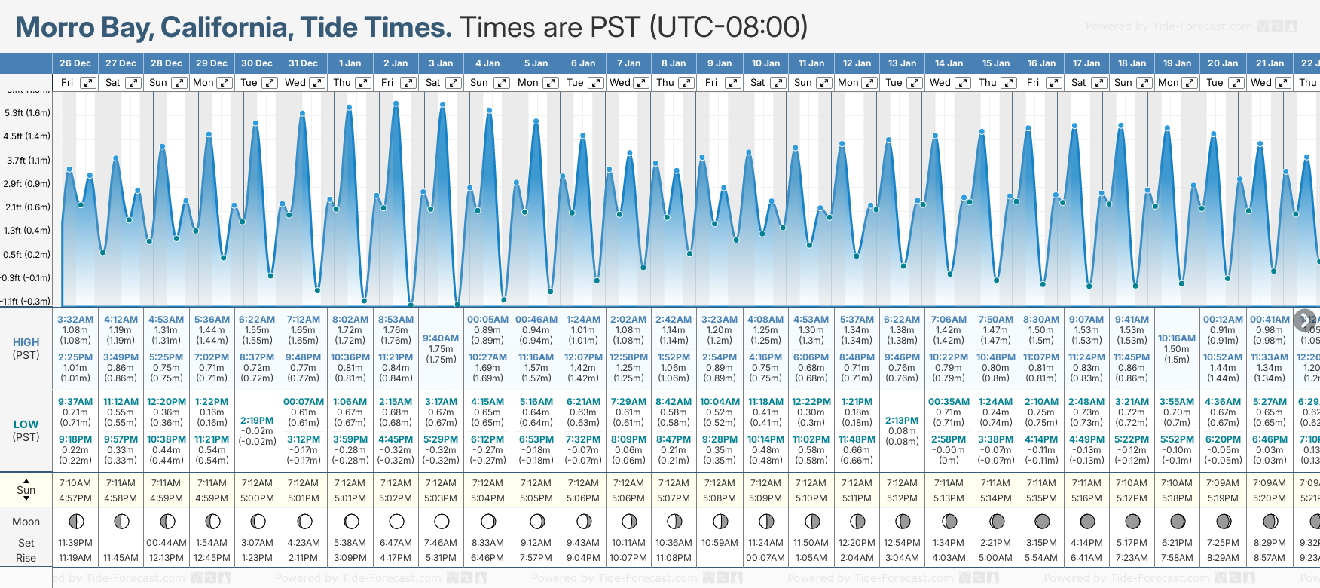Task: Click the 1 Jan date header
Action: point(350,63)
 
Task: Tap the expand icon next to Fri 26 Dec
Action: point(88,83)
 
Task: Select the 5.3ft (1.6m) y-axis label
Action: point(27,113)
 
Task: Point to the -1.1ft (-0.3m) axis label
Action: point(26,302)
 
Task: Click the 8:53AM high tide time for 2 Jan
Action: point(396,320)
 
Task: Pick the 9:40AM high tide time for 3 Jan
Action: point(441,338)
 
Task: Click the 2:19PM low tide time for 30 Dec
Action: point(257,421)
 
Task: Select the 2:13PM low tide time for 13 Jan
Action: point(902,421)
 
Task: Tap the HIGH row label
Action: point(26,342)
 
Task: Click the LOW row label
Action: point(26,424)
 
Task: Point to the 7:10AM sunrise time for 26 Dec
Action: point(75,483)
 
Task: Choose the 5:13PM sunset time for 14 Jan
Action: point(949,498)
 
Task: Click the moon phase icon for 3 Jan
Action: point(442,521)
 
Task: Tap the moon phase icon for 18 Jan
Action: point(1132,521)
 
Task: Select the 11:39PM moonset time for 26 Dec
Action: point(75,543)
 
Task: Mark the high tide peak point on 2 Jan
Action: point(396,103)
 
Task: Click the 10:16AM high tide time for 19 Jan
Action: point(1177,338)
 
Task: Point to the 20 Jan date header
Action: point(1223,63)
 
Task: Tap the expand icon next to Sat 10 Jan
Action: point(778,83)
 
